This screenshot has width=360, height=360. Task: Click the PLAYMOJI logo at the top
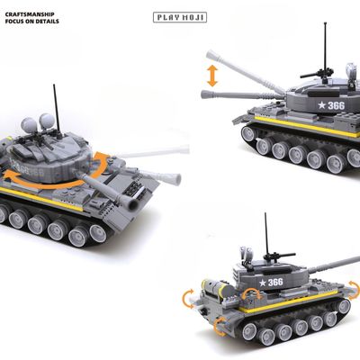tap(180, 17)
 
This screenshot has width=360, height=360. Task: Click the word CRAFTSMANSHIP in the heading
tap(30, 14)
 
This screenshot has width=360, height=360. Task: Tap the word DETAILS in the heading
tap(47, 22)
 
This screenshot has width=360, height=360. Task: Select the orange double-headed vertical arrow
tap(212, 76)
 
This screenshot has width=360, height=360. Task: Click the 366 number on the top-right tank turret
tap(336, 105)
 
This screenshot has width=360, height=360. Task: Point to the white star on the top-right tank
tap(322, 105)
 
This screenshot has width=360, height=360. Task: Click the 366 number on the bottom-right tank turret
tap(275, 283)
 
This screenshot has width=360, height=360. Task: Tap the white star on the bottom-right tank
tap(263, 283)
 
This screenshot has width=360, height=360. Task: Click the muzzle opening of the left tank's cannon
tap(132, 205)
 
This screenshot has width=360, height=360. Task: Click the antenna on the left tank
tap(57, 109)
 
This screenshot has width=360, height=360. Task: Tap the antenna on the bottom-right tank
tap(266, 233)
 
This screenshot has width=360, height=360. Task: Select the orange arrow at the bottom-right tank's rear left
tap(189, 299)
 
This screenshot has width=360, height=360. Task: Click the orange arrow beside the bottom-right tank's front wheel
tap(220, 327)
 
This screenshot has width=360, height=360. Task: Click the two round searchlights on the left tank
tap(38, 121)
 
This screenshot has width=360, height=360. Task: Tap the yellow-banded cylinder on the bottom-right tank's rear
tap(218, 288)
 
